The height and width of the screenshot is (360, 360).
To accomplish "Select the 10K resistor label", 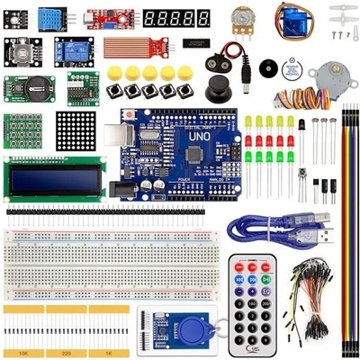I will click(22, 353).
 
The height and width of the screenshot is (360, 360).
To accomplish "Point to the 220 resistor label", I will click(64, 353).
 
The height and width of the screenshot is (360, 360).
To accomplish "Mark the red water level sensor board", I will click(133, 47).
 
